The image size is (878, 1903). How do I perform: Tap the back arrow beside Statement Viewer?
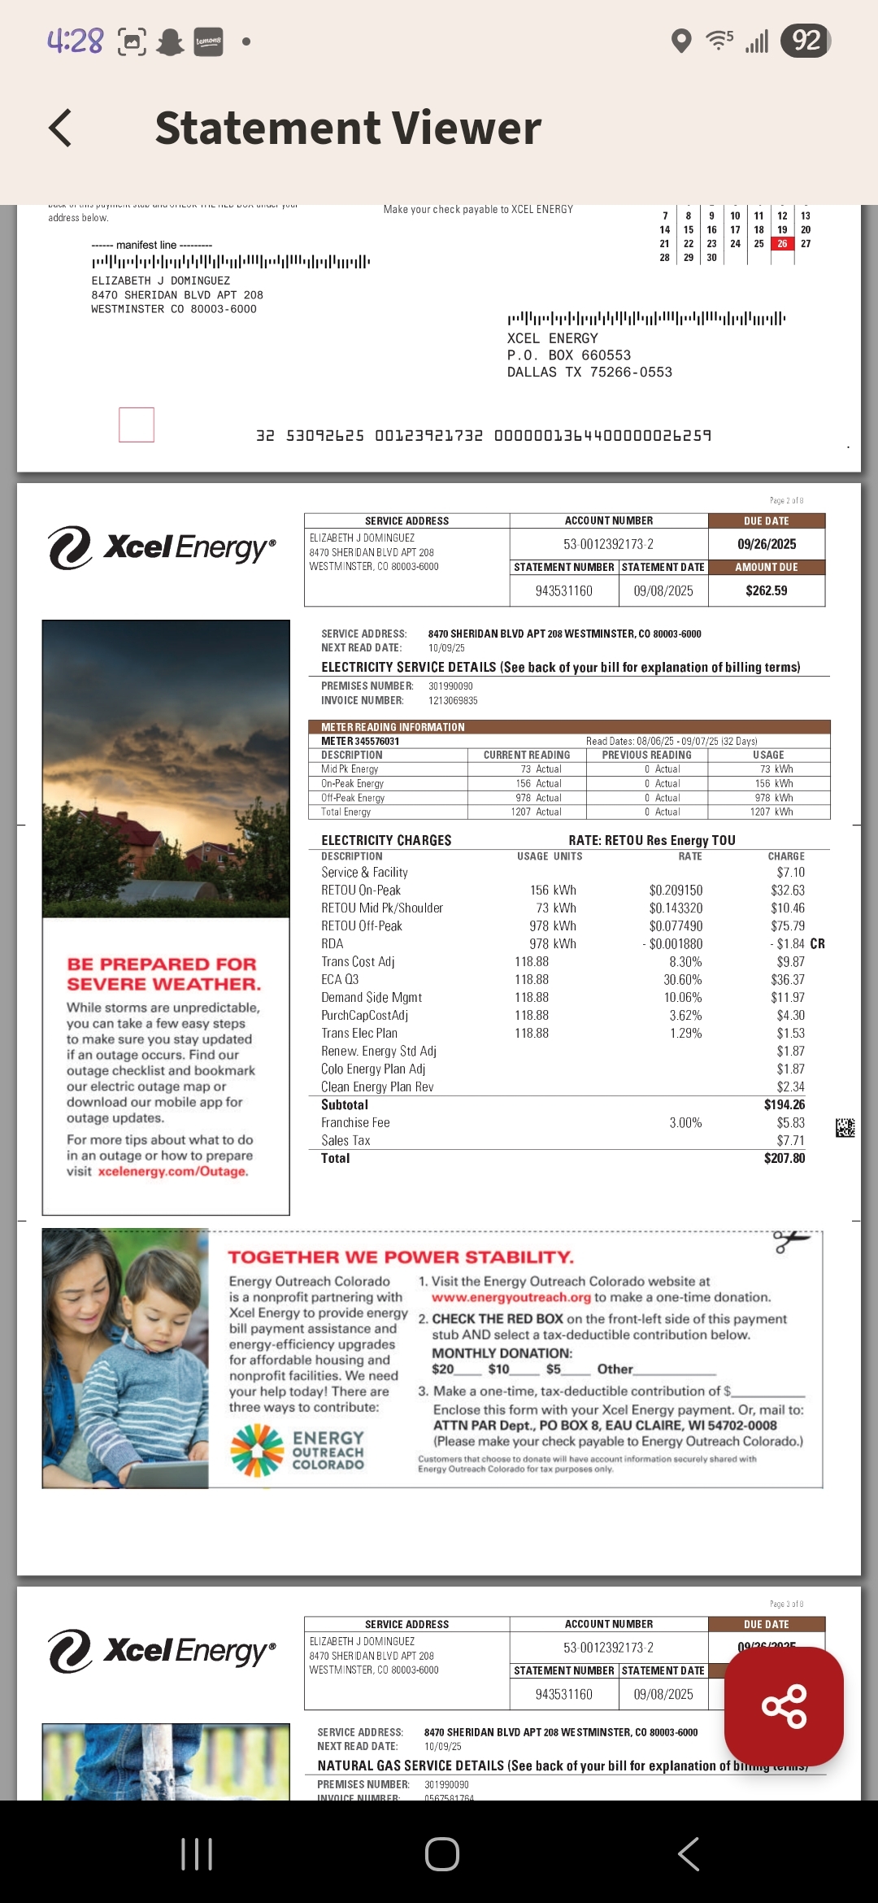[x=61, y=128]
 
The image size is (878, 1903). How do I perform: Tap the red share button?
[x=784, y=1706]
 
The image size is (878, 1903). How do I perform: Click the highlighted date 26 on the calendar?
[x=782, y=244]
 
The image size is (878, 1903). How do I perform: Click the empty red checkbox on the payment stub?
[x=137, y=425]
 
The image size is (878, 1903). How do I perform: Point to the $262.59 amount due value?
[x=766, y=590]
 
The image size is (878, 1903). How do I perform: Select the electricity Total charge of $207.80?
[x=784, y=1158]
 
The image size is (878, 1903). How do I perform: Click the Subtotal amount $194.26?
[x=784, y=1104]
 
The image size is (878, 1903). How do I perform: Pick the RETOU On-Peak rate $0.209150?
[x=676, y=891]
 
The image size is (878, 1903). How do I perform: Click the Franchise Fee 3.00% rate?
[x=685, y=1122]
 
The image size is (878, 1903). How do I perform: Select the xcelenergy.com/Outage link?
[x=173, y=1171]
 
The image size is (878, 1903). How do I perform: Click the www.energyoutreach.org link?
[x=511, y=1297]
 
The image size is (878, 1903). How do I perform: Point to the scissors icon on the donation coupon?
[x=790, y=1241]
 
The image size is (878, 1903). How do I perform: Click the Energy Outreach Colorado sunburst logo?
[x=257, y=1450]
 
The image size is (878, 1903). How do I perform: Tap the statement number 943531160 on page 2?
[x=563, y=590]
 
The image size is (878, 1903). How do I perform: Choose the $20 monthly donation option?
[x=444, y=1369]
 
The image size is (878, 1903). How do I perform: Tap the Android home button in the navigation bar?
[x=441, y=1854]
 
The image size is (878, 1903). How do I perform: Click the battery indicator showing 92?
[x=805, y=41]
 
